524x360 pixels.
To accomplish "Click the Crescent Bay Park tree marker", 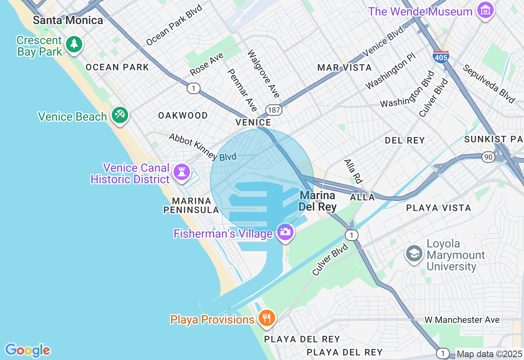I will tap(74, 44).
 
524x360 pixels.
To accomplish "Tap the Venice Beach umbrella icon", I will tap(120, 115).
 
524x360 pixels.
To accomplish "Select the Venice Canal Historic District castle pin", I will tap(181, 172).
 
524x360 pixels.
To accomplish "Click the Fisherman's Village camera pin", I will tap(285, 232).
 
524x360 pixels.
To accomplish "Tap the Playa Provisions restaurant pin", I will tap(267, 317).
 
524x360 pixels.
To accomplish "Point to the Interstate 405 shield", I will tap(440, 56).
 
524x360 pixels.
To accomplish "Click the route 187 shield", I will tap(273, 110).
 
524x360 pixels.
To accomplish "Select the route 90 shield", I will tap(488, 157).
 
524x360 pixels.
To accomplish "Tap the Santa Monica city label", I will tap(68, 20).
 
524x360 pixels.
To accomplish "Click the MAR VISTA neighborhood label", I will tap(345, 67).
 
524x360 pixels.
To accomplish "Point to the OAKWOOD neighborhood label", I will tap(183, 116).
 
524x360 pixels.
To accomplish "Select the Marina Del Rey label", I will tap(317, 201).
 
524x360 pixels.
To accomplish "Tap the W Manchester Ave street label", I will tap(462, 320).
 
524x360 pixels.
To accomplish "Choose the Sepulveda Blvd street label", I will tap(488, 84).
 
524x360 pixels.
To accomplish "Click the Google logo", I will tap(27, 350).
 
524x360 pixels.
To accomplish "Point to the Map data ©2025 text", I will tap(489, 354).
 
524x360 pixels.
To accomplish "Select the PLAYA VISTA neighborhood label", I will tap(438, 208).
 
